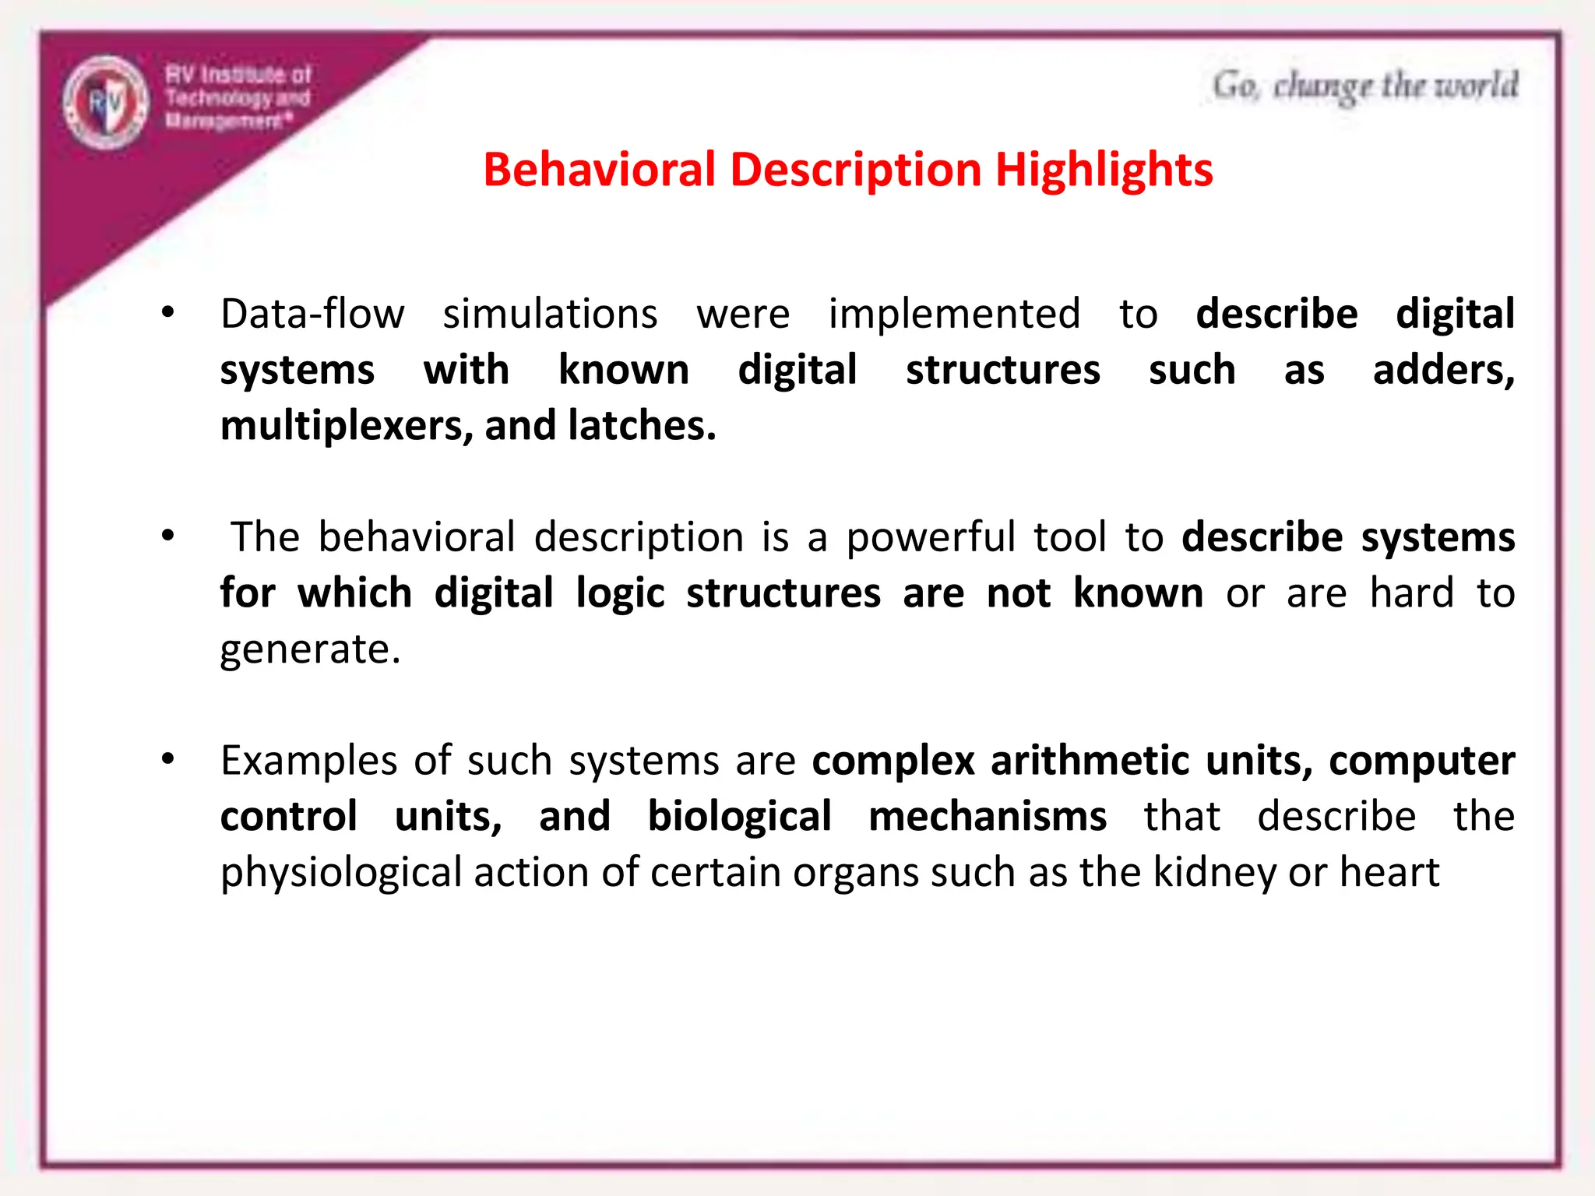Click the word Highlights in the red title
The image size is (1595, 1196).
(1104, 171)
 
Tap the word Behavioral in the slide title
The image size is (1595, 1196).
(599, 169)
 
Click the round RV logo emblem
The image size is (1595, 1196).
(106, 102)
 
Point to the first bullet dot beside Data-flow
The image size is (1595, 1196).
(167, 313)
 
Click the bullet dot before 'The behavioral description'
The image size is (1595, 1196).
(167, 536)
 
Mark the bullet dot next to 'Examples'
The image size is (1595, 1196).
(167, 758)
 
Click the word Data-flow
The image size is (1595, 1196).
(312, 315)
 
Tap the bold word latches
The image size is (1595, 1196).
(641, 426)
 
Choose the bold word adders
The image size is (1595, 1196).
(1442, 370)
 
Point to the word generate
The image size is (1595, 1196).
(309, 650)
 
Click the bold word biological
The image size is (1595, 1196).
(739, 817)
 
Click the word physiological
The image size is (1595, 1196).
(341, 873)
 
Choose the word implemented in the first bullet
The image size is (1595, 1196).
(954, 315)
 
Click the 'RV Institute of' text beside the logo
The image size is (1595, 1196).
(238, 75)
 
